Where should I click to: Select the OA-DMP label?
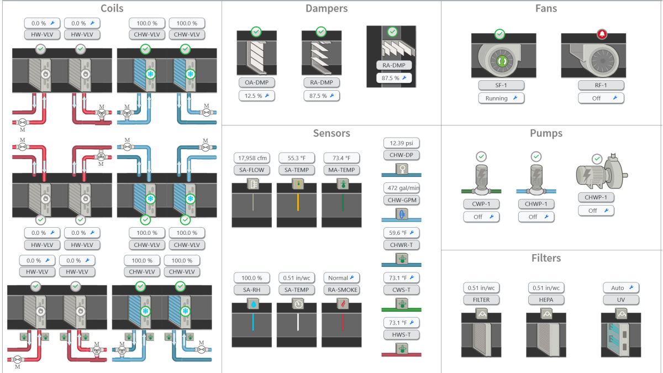coord(256,82)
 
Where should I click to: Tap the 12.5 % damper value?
coord(256,96)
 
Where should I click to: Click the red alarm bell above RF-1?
coord(601,34)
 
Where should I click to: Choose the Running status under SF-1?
coord(501,98)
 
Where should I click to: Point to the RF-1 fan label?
coord(601,85)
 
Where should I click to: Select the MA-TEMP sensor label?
coord(341,170)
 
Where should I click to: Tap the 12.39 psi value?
coord(401,143)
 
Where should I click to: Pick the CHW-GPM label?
coord(401,199)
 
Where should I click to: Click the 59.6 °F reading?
coord(401,233)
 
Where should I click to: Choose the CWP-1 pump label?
coord(481,204)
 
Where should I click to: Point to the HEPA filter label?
coord(546,300)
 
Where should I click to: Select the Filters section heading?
coord(546,258)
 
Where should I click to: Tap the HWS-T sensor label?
coord(401,334)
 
